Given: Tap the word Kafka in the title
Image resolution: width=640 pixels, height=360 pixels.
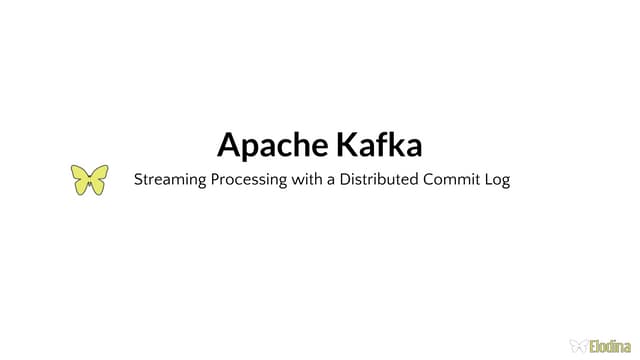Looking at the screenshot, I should pyautogui.click(x=379, y=145).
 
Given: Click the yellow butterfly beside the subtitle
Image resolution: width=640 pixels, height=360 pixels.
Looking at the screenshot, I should pyautogui.click(x=89, y=180).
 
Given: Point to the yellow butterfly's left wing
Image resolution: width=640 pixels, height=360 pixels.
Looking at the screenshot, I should pyautogui.click(x=79, y=178).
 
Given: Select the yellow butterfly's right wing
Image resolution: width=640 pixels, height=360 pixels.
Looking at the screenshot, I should pyautogui.click(x=99, y=178).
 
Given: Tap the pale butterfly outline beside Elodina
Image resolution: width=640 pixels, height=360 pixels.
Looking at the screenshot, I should pyautogui.click(x=577, y=345).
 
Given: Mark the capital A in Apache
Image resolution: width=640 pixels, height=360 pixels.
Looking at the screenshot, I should pyautogui.click(x=229, y=145).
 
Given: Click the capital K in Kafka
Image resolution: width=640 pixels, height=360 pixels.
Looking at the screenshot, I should pyautogui.click(x=346, y=145).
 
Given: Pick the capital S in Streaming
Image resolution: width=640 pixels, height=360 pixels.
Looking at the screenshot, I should pyautogui.click(x=138, y=181).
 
